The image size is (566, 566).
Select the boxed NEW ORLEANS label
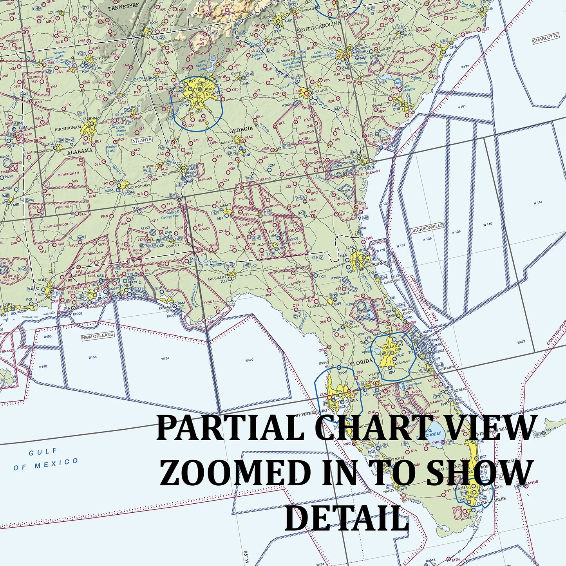pos(98,336)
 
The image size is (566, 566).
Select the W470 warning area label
pos(249,360)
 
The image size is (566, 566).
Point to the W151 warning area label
pos(165,358)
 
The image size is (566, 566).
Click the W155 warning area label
pos(92,357)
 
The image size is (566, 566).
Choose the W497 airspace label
pos(521,342)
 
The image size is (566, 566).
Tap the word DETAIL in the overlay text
pos(347,518)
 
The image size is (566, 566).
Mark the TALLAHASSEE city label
pos(217,277)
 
